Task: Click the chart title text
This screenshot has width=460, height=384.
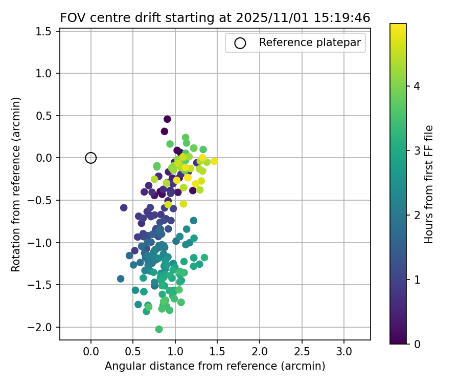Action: pos(215,17)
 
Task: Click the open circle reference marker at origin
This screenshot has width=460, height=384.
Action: pos(91,158)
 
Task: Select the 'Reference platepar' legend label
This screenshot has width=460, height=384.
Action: pos(310,43)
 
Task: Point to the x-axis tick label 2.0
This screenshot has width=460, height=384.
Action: pos(259,352)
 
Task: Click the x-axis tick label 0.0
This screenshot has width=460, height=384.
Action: pos(91,352)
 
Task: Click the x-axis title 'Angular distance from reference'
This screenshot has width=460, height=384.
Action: pos(215,367)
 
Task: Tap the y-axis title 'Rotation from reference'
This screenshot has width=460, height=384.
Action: pos(16,184)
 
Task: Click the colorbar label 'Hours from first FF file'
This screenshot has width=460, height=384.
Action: pos(429,184)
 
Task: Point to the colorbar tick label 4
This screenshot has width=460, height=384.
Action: pos(417,87)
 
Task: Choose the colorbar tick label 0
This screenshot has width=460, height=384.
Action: pos(417,344)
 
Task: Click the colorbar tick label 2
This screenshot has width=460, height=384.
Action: pos(417,215)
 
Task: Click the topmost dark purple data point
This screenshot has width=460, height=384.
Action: pos(167,119)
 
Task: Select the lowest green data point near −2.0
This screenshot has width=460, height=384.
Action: pos(159,329)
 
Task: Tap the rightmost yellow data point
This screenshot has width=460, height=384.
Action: pos(214,161)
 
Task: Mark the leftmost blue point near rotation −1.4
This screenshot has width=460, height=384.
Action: pos(121,279)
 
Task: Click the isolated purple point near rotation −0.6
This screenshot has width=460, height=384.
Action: pos(124,207)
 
